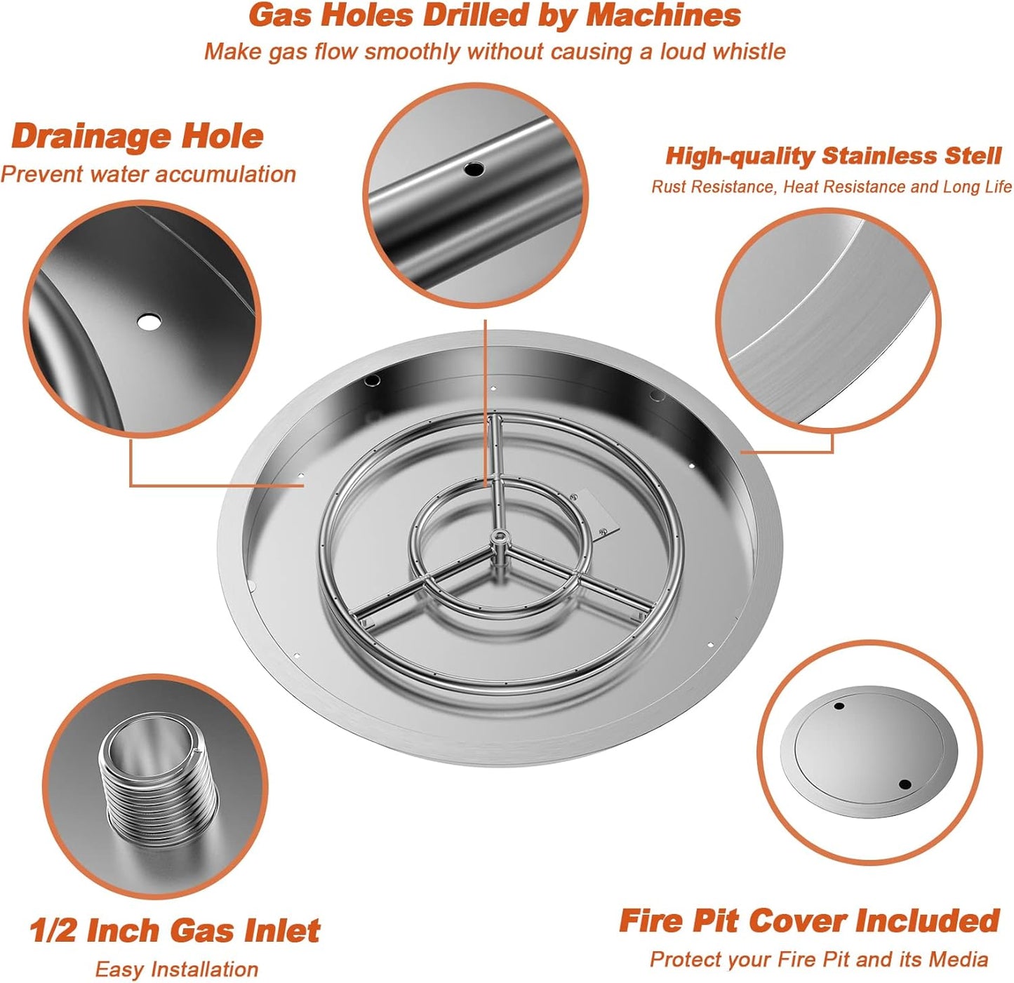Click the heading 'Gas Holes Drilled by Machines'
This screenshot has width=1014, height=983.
point(494,15)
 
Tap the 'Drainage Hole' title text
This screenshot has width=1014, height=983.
point(138,135)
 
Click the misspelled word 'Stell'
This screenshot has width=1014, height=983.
point(973,156)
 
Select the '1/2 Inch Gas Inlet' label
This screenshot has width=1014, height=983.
point(175,930)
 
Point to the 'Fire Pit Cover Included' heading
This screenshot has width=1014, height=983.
point(809,921)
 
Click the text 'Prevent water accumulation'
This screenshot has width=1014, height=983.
point(148,174)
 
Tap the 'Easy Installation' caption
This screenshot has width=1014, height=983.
point(176,969)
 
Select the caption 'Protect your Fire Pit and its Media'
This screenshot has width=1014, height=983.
point(818,959)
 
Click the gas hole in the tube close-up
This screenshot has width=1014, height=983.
point(475,168)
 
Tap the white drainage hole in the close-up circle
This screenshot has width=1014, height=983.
point(149,322)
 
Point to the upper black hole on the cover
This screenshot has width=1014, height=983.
point(839,706)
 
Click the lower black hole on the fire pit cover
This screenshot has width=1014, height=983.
point(905,784)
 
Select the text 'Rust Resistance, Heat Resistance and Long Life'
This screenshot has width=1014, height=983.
point(831,187)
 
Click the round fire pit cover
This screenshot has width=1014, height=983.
point(869,751)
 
